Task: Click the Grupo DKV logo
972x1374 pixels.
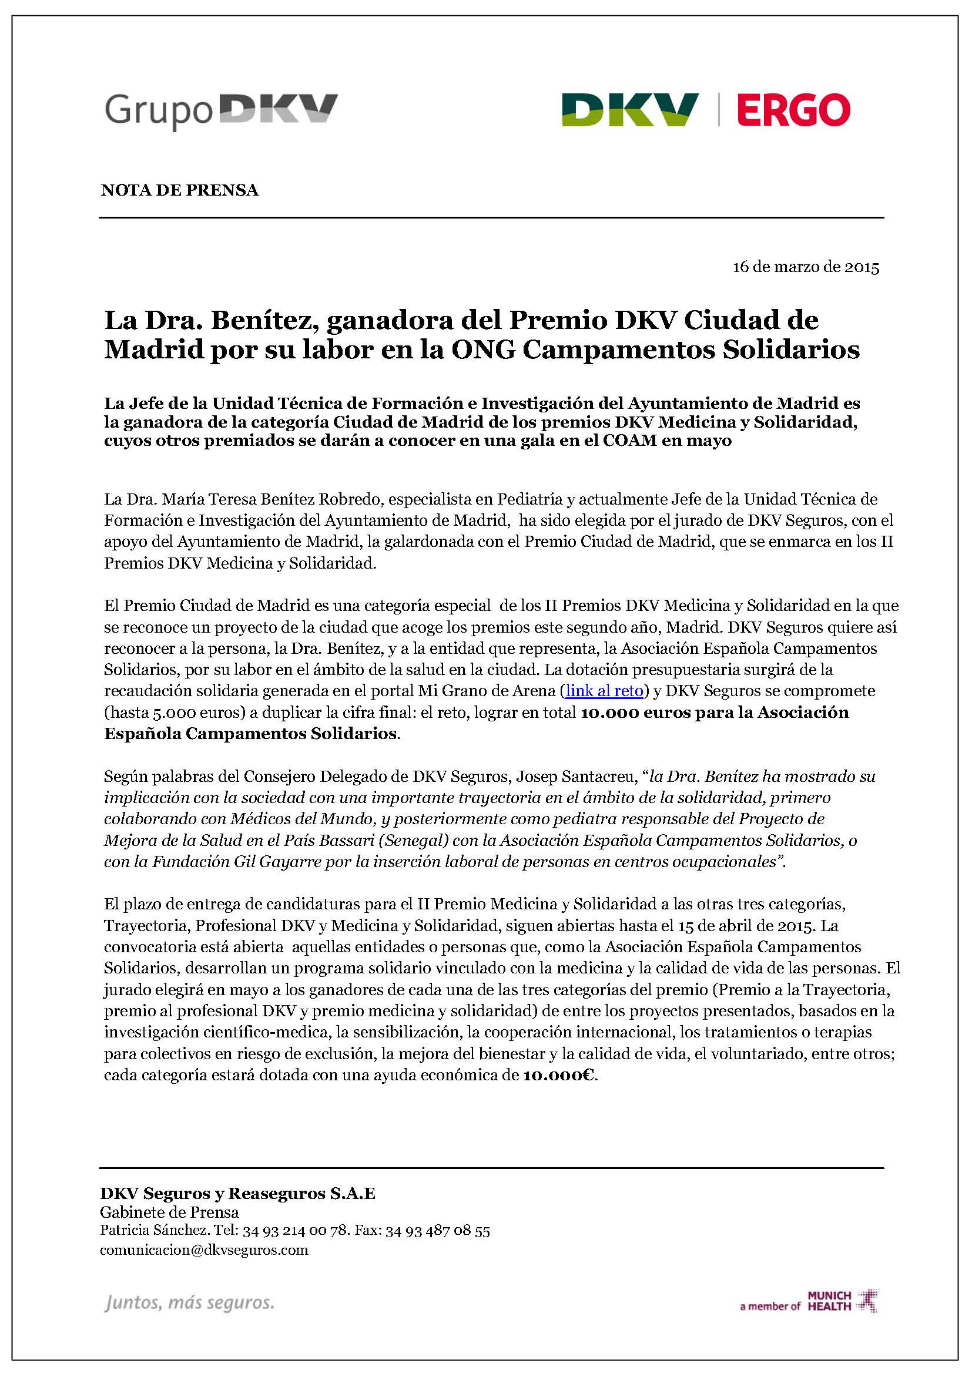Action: point(222,111)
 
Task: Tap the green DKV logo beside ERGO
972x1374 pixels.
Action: point(629,110)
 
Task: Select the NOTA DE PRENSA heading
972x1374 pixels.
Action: point(180,190)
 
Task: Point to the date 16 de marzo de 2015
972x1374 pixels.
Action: point(806,267)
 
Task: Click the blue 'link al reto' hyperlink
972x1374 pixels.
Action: point(604,691)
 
